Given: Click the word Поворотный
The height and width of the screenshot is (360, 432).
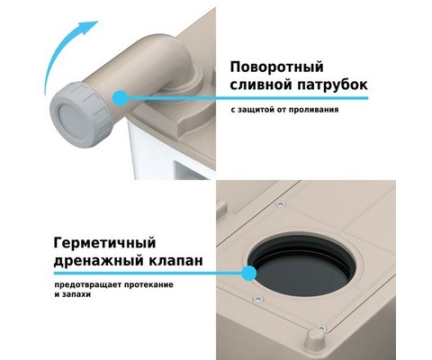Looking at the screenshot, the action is (x=276, y=67).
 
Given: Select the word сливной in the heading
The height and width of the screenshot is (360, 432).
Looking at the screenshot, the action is (x=261, y=85).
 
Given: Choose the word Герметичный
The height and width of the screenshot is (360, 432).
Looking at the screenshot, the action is (x=104, y=243).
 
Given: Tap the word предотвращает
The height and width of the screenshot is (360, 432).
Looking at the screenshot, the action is (x=87, y=284).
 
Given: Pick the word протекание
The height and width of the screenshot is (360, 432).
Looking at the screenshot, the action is (x=148, y=284).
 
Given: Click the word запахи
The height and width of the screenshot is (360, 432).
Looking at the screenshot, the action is (x=76, y=294).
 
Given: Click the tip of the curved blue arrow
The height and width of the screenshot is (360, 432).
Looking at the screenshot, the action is (x=98, y=22).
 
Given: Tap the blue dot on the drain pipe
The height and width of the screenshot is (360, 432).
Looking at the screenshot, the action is (x=121, y=98).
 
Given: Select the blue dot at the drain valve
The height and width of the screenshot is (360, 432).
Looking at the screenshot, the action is (x=249, y=274).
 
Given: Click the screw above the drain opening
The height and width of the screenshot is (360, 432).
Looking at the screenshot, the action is (x=281, y=204).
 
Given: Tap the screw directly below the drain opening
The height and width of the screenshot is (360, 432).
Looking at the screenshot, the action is (x=258, y=299).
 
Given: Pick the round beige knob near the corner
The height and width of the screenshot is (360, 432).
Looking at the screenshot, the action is (x=313, y=342).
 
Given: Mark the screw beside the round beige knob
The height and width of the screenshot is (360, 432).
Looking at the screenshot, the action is (x=321, y=328).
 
